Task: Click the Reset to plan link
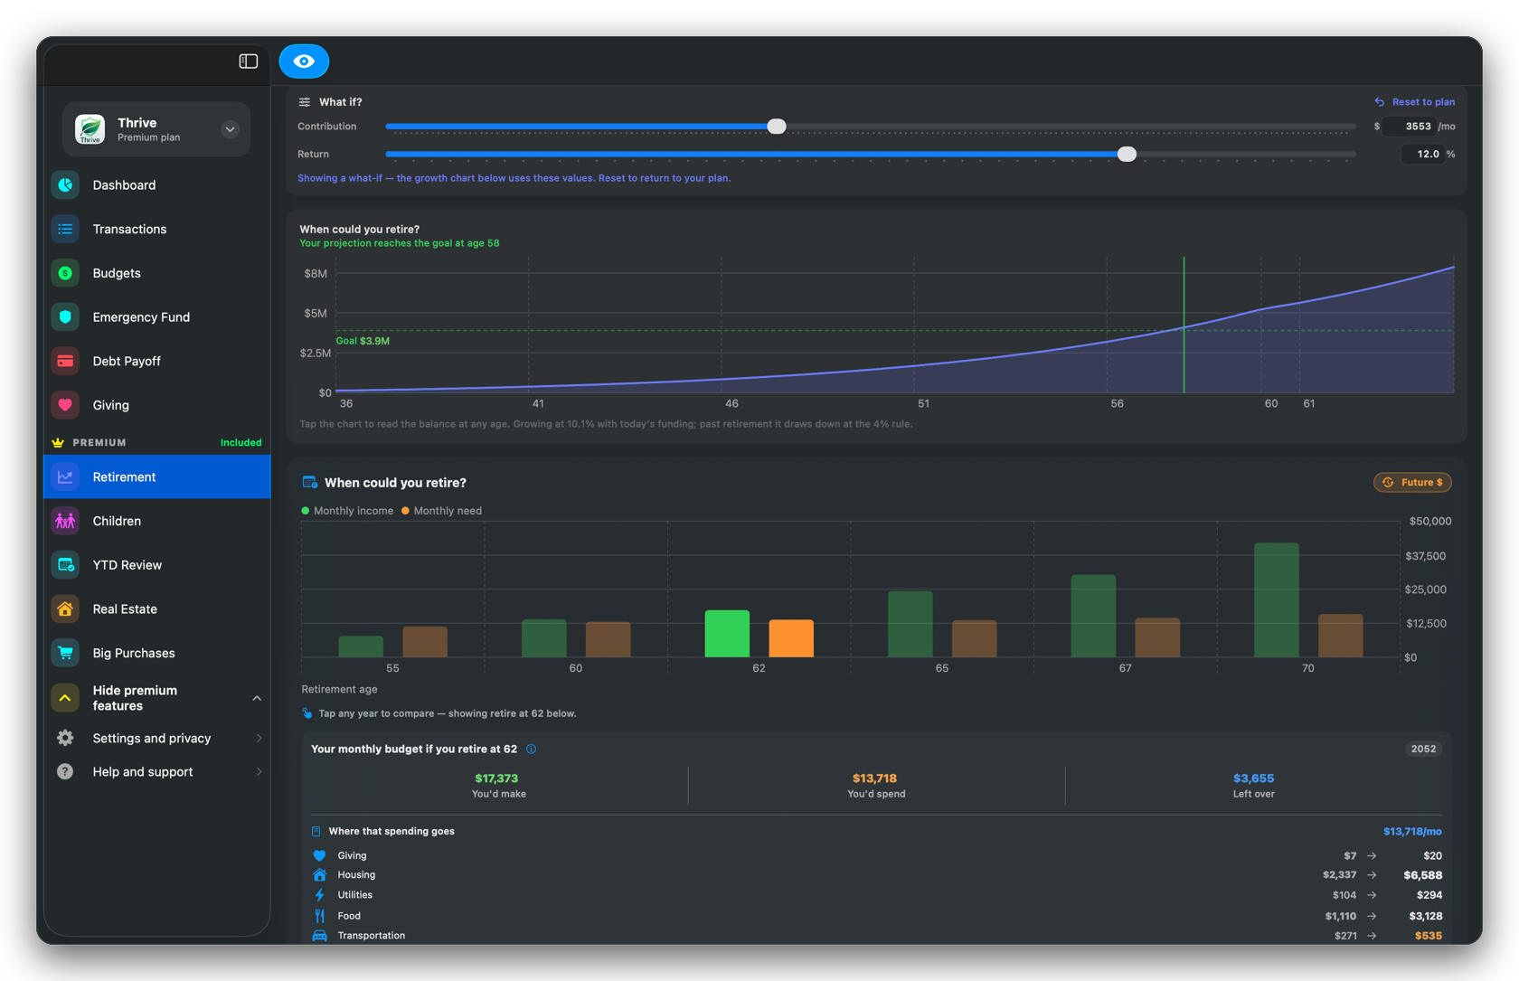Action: pos(1414,101)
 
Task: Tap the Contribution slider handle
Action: pos(777,126)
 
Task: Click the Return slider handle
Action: pos(1127,154)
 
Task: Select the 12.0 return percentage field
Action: pos(1421,154)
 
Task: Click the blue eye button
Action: pos(304,61)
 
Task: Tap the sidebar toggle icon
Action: pos(248,61)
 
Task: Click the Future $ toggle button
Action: pos(1412,482)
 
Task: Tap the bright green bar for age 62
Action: pos(727,633)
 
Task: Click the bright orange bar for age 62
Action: pos(790,638)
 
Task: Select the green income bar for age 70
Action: pos(1277,599)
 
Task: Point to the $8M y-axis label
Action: pos(316,273)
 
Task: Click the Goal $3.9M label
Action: pos(363,341)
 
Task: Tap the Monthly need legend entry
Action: pos(441,511)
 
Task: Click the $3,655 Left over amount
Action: pos(1253,778)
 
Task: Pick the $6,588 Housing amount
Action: pos(1423,875)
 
